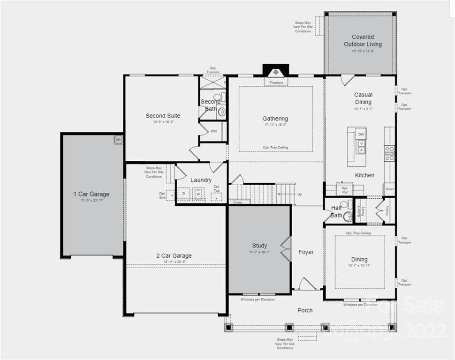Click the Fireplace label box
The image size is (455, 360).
pyautogui.click(x=276, y=82)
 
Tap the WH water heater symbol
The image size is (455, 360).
pyautogui.click(x=118, y=139)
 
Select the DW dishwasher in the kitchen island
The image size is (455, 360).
pyautogui.click(x=361, y=134)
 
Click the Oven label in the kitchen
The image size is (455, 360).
pyautogui.click(x=389, y=189)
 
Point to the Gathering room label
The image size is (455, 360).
pyautogui.click(x=275, y=119)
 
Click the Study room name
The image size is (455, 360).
pyautogui.click(x=259, y=246)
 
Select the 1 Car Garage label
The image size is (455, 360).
pyautogui.click(x=91, y=194)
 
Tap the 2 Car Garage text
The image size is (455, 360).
pyautogui.click(x=174, y=256)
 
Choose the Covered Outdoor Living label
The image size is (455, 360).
pyautogui.click(x=363, y=40)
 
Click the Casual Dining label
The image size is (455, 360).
pyautogui.click(x=363, y=98)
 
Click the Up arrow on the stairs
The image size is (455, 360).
pyautogui.click(x=299, y=194)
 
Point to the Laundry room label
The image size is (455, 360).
pyautogui.click(x=201, y=180)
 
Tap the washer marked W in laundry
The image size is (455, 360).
pyautogui.click(x=198, y=194)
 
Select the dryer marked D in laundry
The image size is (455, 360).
pyautogui.click(x=183, y=194)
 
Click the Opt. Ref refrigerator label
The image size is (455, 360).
pyautogui.click(x=345, y=190)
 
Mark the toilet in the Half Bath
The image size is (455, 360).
pyautogui.click(x=348, y=216)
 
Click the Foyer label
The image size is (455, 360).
pyautogui.click(x=306, y=252)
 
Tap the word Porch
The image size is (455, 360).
pyautogui.click(x=305, y=310)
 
